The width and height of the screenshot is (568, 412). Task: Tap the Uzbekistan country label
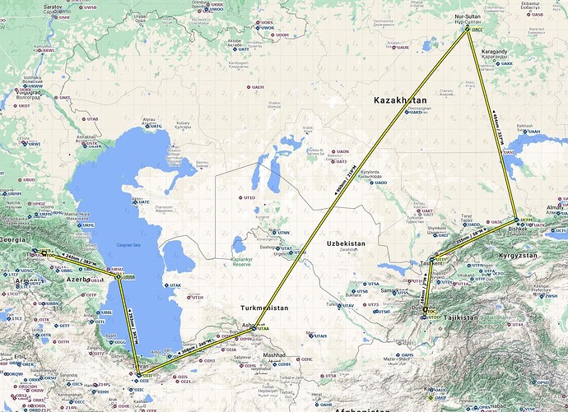click(x=352, y=244)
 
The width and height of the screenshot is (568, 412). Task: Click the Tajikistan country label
click(x=461, y=317)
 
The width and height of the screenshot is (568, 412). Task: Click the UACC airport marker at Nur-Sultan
click(x=468, y=30)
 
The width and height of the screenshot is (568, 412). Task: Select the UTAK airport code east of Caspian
click(x=175, y=285)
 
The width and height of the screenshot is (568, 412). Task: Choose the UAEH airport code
click(x=258, y=87)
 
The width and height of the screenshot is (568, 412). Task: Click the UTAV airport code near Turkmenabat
click(x=349, y=304)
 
